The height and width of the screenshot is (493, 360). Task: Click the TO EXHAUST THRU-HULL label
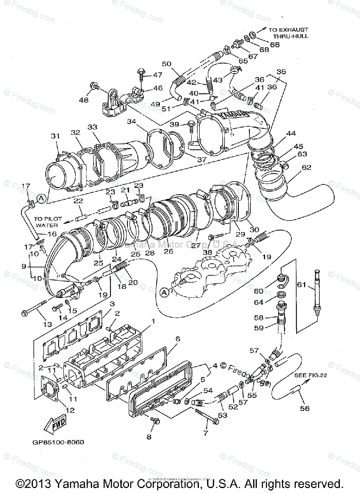tap(288, 33)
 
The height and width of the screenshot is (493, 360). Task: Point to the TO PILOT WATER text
tap(46, 222)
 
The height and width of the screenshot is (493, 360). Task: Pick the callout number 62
tap(307, 167)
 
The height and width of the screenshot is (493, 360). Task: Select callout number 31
tap(55, 136)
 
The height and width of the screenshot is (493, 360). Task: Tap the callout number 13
tap(48, 324)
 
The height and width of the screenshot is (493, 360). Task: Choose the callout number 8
tap(149, 437)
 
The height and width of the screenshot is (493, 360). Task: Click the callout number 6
tap(178, 339)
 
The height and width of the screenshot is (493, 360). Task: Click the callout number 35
tap(281, 71)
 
